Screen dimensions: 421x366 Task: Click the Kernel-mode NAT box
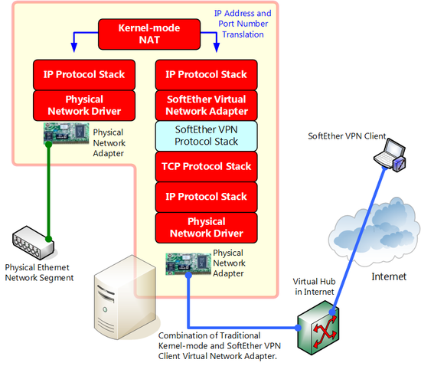point(149,34)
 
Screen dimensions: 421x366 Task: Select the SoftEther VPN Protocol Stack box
point(206,136)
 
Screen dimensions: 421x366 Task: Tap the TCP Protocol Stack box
point(206,166)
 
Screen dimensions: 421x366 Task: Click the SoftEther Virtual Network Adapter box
point(206,105)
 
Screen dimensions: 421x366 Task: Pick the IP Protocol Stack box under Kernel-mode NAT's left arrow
point(84,74)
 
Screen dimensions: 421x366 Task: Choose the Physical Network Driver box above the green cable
point(84,105)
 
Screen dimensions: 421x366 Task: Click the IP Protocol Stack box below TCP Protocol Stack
point(206,197)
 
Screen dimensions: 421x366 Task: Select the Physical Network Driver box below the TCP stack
point(206,227)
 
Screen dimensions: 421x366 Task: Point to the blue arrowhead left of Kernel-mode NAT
point(73,47)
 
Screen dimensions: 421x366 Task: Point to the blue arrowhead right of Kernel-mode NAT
point(217,47)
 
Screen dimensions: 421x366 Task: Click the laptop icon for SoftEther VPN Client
point(390,155)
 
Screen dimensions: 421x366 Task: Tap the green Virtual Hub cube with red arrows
point(318,328)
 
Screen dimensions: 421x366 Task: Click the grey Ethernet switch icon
point(33,243)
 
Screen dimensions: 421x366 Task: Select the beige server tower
point(125,297)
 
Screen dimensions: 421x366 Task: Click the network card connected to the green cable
point(67,133)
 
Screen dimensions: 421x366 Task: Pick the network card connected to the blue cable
point(188,263)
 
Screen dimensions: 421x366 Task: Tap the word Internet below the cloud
point(389,276)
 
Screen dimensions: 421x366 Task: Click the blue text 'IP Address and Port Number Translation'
point(243,24)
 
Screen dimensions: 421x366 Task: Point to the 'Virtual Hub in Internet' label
point(314,286)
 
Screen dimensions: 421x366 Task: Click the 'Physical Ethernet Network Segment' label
point(39,273)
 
